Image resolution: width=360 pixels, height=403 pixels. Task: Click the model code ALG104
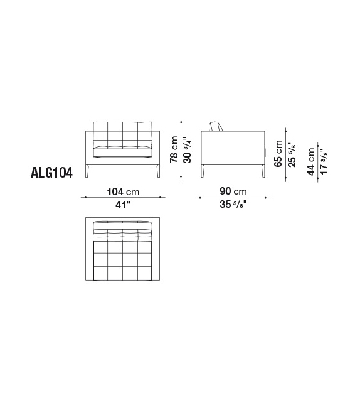tap(51, 173)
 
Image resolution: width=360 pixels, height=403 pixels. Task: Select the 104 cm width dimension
tap(123, 191)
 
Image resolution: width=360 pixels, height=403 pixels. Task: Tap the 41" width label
tap(123, 205)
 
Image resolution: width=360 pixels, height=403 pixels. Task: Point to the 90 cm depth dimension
tap(233, 191)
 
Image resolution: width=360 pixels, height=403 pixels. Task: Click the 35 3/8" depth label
tap(233, 205)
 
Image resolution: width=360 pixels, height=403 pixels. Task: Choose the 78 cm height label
tap(174, 149)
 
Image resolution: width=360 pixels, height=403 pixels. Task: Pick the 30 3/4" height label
tap(188, 151)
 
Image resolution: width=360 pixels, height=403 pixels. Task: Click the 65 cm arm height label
tap(278, 153)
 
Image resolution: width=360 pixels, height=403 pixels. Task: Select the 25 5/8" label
tap(292, 154)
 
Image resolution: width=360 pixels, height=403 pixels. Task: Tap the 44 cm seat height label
tap(310, 162)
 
